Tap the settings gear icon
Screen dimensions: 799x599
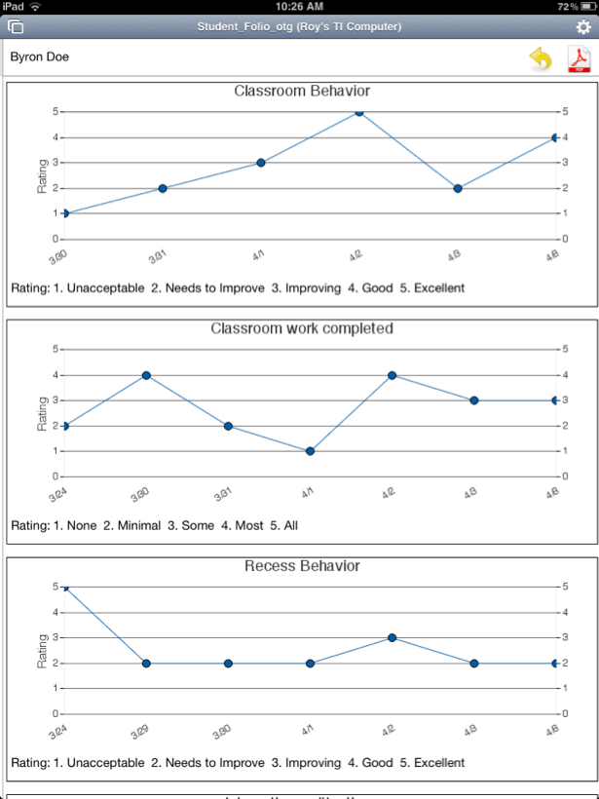[x=583, y=27]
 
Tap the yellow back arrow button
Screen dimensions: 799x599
[x=540, y=59]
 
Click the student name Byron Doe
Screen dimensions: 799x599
[x=40, y=57]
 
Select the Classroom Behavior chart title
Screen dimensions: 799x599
[x=302, y=91]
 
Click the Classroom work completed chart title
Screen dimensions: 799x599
[x=302, y=328]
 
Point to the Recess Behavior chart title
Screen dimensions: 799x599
[x=302, y=566]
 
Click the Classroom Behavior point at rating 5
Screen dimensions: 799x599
[x=359, y=112]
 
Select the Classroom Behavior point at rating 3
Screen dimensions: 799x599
[x=261, y=163]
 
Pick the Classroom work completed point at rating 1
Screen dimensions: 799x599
[x=310, y=451]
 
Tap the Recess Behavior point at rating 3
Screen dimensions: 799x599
[x=392, y=638]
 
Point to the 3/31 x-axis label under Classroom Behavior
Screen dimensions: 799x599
[x=156, y=257]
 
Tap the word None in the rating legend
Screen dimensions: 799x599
[x=82, y=525]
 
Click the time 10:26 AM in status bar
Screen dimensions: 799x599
[x=300, y=7]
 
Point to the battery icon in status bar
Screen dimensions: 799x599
[x=583, y=7]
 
